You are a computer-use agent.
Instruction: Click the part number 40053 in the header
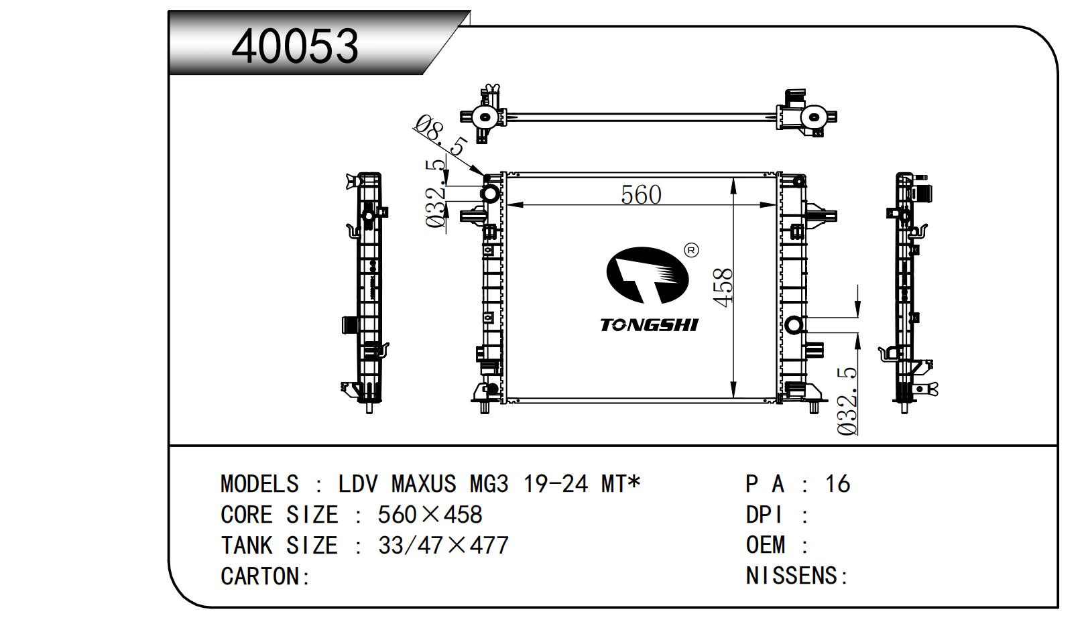[x=295, y=46]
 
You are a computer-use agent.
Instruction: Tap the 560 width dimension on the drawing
[x=641, y=195]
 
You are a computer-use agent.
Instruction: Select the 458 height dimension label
[x=724, y=288]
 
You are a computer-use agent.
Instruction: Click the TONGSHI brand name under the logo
[x=649, y=325]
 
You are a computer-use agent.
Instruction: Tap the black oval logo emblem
[x=647, y=275]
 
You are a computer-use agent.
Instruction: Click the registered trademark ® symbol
[x=691, y=250]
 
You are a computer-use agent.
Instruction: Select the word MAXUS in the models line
[x=423, y=484]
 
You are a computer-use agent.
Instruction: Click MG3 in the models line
[x=489, y=484]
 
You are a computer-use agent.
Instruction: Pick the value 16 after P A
[x=838, y=484]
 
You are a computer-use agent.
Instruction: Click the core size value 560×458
[x=430, y=514]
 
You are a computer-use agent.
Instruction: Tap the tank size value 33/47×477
[x=443, y=546]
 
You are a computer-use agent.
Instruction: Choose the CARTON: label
[x=265, y=576]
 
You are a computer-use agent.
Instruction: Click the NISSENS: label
[x=796, y=576]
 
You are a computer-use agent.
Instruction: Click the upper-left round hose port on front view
[x=489, y=194]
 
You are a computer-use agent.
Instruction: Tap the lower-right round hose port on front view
[x=794, y=325]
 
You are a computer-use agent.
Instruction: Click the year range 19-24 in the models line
[x=556, y=484]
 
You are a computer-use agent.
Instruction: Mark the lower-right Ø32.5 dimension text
[x=847, y=401]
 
